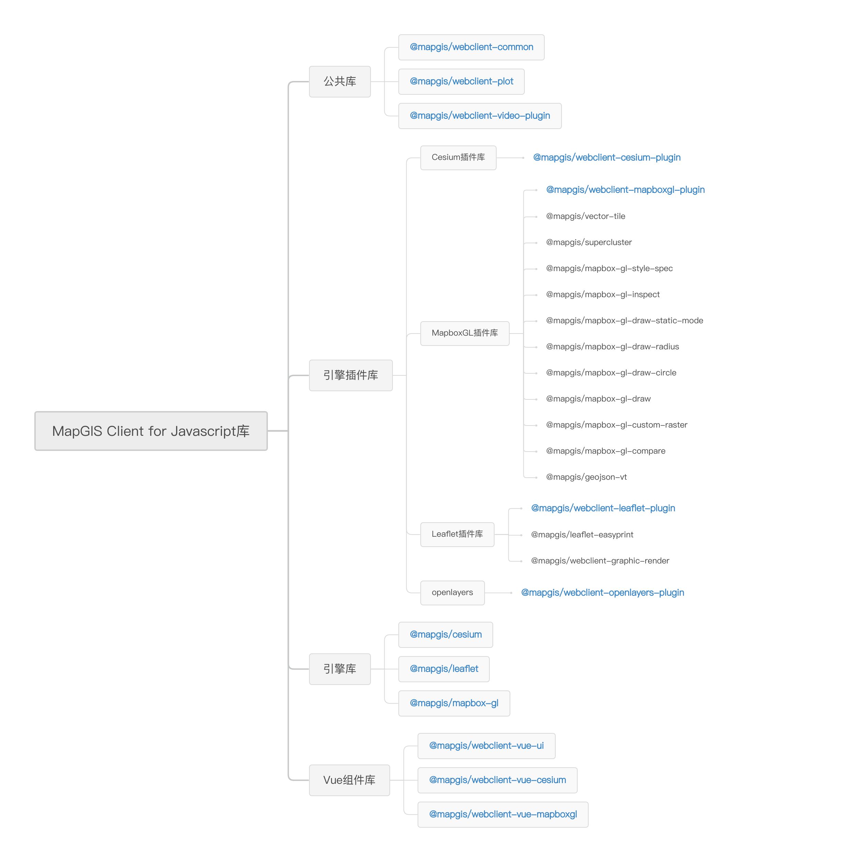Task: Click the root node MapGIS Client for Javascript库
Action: (x=151, y=431)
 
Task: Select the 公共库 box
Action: (x=340, y=82)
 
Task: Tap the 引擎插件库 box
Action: (x=351, y=375)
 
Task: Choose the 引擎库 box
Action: (x=340, y=669)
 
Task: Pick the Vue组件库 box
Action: (x=350, y=780)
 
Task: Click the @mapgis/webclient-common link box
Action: (x=472, y=47)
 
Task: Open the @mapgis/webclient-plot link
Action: (x=462, y=82)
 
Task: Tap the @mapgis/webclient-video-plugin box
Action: (x=480, y=116)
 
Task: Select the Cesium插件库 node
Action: (x=458, y=158)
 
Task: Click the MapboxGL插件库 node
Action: (x=465, y=333)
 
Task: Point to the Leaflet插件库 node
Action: (x=457, y=535)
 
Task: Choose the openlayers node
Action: (x=452, y=593)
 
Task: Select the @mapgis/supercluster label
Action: (x=589, y=242)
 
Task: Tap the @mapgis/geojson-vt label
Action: (x=586, y=477)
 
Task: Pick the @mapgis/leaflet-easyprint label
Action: (x=582, y=535)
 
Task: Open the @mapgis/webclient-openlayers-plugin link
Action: (x=602, y=593)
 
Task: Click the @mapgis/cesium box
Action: (x=446, y=634)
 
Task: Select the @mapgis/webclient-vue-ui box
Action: (x=487, y=746)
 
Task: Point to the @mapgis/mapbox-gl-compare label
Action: (x=605, y=451)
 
